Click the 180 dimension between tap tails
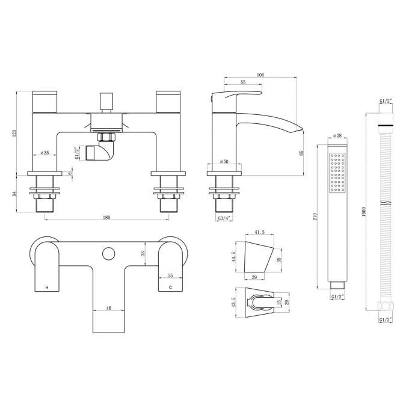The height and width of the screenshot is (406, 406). click(106, 217)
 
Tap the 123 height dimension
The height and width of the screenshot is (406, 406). click(14, 133)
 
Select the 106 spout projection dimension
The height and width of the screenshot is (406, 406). click(260, 75)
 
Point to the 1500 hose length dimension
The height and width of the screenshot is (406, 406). click(363, 212)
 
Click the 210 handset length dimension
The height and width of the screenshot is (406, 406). click(315, 217)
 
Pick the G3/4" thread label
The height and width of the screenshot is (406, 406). click(224, 218)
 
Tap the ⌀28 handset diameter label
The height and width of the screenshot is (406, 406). click(337, 135)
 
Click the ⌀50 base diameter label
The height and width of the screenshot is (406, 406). click(224, 161)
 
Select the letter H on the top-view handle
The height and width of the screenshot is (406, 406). click(47, 288)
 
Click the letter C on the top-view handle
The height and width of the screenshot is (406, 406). click(170, 288)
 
